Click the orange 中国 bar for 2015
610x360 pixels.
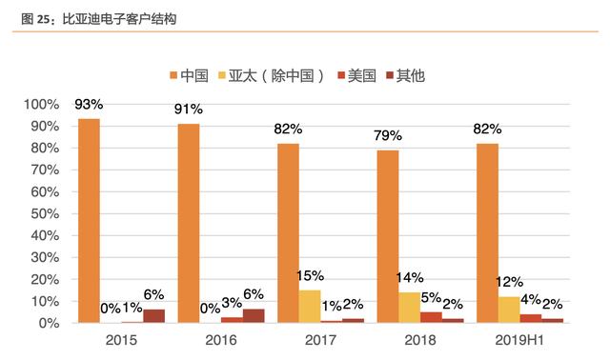89,220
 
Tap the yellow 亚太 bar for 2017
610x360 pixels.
310,306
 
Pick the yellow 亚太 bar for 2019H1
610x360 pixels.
509,310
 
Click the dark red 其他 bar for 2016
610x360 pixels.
254,315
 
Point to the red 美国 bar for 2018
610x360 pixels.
431,317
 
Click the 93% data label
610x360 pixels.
89,104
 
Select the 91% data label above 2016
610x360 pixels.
189,109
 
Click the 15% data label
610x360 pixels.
310,275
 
